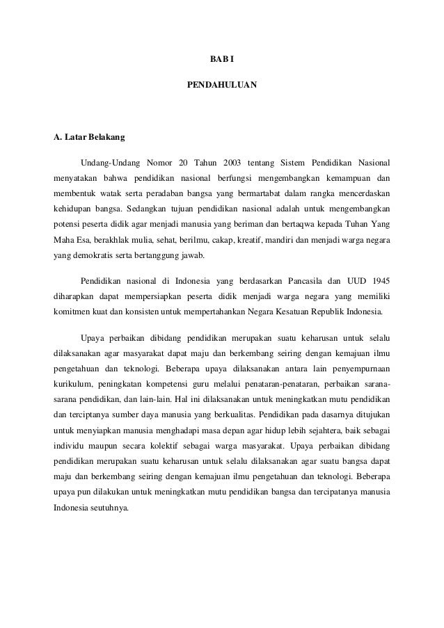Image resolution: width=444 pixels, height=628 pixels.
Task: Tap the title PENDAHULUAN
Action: pos(222,88)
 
